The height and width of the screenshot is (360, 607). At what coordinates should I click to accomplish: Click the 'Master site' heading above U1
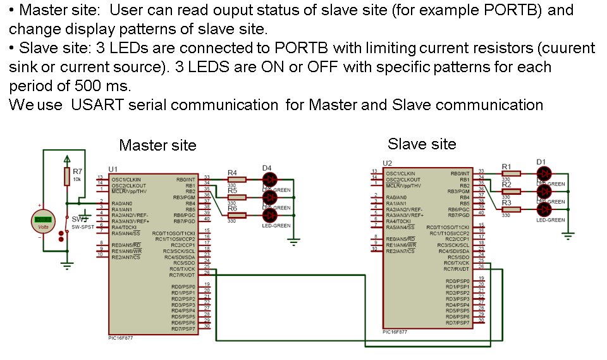(x=157, y=146)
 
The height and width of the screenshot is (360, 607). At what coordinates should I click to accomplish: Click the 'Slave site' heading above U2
(x=422, y=144)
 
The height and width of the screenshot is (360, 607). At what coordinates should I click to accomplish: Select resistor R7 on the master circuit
(x=67, y=177)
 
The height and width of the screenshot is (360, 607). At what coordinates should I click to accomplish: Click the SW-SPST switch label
(x=82, y=227)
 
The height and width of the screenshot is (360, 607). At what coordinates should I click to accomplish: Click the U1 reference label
(x=113, y=169)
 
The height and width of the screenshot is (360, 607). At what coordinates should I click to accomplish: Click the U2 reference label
(x=388, y=163)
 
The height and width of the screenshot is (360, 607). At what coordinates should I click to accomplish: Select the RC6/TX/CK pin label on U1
(x=182, y=269)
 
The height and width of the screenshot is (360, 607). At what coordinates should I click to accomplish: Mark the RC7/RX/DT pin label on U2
(x=457, y=269)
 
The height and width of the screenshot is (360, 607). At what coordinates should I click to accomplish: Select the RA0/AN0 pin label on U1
(x=121, y=203)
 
